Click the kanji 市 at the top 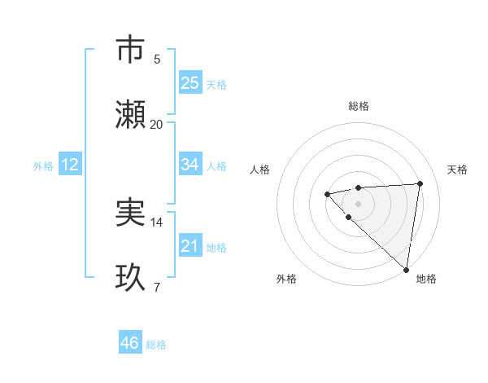[x=131, y=51]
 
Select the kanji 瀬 [x=131, y=115]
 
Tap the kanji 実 [x=131, y=213]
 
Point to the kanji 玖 [x=131, y=278]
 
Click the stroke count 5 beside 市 [x=157, y=59]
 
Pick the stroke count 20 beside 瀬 [x=157, y=125]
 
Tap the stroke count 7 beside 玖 [x=157, y=288]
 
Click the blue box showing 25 [x=190, y=82]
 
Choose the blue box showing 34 [x=190, y=165]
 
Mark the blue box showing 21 [x=190, y=245]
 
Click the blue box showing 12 [x=70, y=165]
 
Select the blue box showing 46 [x=130, y=343]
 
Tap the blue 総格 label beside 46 [x=156, y=345]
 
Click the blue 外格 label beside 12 [x=43, y=166]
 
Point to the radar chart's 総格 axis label [x=358, y=106]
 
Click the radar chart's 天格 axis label [x=457, y=169]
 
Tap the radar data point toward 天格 [x=420, y=183]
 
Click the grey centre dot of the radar [x=358, y=203]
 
